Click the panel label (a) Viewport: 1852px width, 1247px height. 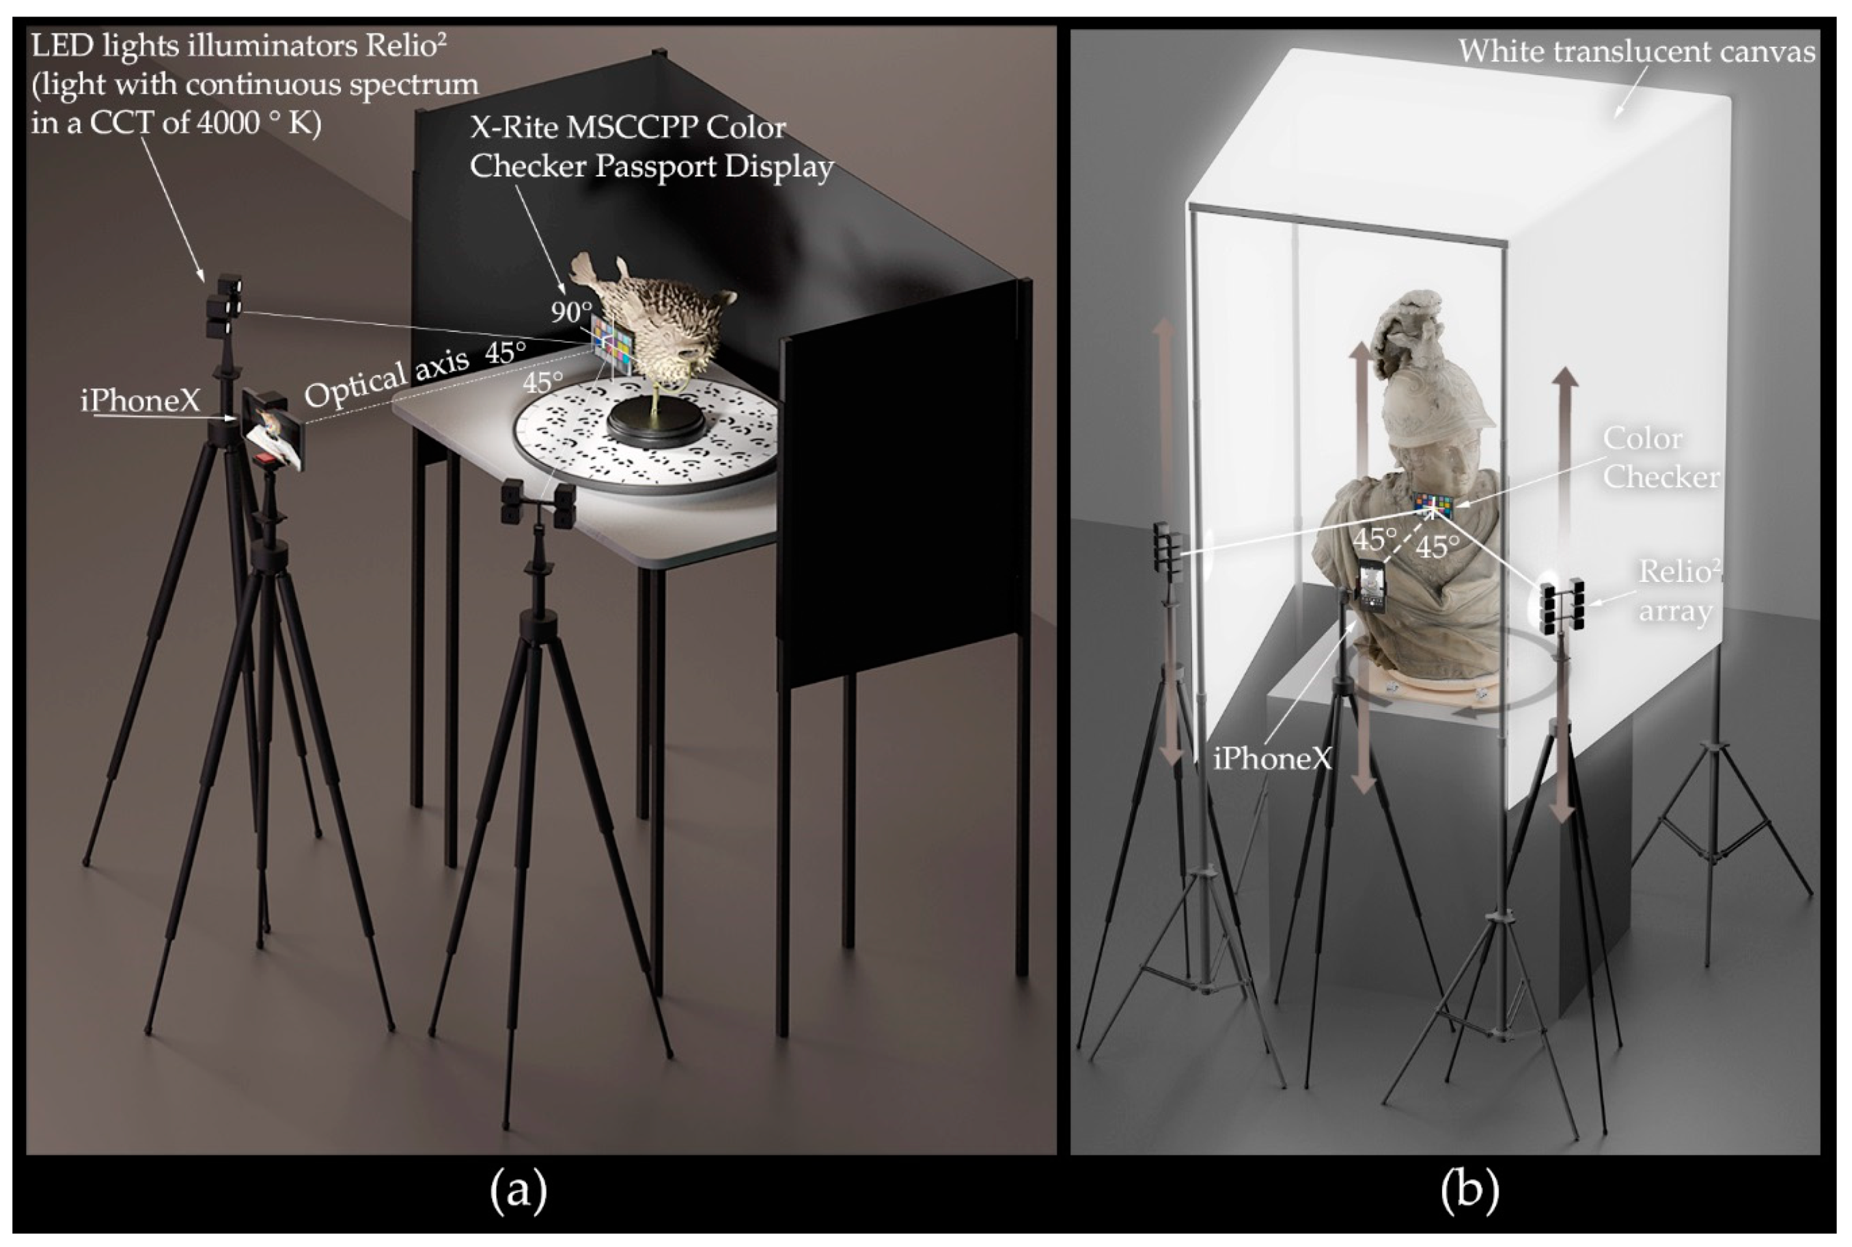point(518,1190)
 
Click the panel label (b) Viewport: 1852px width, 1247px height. point(1469,1190)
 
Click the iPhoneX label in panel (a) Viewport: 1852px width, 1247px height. point(140,400)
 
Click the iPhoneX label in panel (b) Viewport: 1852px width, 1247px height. point(1272,759)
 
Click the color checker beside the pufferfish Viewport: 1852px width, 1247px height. point(612,344)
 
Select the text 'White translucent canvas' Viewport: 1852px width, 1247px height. point(1636,52)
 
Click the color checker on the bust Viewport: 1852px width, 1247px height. point(1433,503)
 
